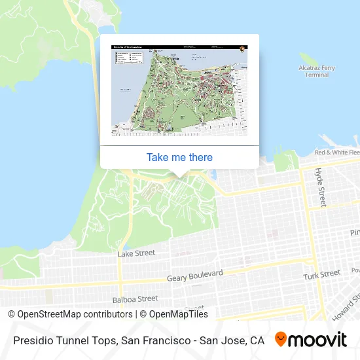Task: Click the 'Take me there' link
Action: coord(179,157)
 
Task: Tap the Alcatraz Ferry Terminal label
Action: coord(317,71)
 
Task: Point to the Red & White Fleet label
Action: coord(337,153)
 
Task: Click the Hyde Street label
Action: coord(320,187)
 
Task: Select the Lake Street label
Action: coord(136,253)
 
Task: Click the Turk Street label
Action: coord(321,274)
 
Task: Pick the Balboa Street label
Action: coord(135,299)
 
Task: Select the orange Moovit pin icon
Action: coord(281,340)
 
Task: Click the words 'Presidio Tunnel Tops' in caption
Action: coord(63,340)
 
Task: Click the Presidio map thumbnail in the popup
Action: coord(179,90)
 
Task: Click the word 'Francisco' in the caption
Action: coord(160,340)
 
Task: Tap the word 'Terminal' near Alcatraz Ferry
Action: coord(317,75)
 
